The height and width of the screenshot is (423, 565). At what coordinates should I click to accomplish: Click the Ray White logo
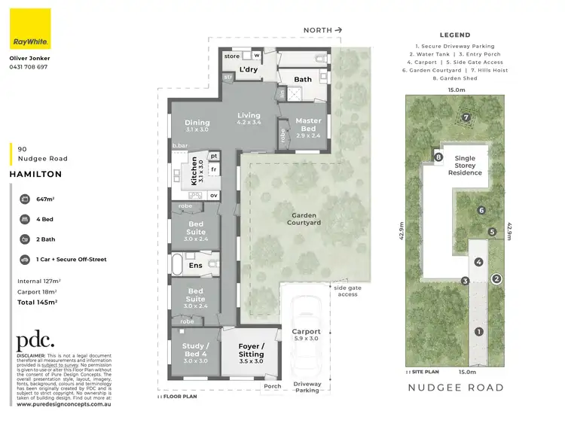pos(30,29)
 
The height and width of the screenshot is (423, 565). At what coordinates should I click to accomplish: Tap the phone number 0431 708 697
pos(28,67)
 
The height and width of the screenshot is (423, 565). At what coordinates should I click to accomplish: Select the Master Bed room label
pos(308,124)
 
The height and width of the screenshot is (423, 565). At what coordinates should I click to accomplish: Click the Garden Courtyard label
pos(305,219)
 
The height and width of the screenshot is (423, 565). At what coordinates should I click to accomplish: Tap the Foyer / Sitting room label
pos(251,350)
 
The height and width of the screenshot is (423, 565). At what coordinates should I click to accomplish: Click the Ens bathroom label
pos(195,265)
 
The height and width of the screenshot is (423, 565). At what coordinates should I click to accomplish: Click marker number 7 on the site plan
pos(466,117)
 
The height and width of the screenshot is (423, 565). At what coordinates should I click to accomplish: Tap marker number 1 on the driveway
pos(478,331)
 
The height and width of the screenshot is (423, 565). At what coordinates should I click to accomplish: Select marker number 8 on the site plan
pos(438,157)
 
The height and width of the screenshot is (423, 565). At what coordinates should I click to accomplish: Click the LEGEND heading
pos(454,35)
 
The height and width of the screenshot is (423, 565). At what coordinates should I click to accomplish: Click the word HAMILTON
pos(36,173)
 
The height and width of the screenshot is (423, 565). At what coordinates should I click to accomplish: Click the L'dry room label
pos(249,70)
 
